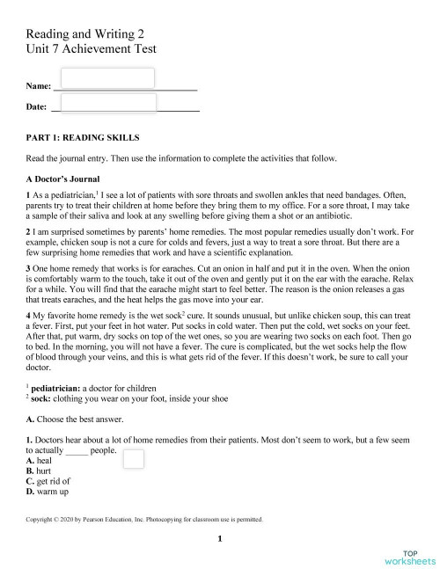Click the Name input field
tap(106, 78)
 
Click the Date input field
tap(107, 104)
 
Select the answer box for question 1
tap(134, 458)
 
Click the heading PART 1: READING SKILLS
tap(84, 138)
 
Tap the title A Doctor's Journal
tap(67, 179)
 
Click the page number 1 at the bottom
tap(220, 538)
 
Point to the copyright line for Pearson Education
tap(145, 520)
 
